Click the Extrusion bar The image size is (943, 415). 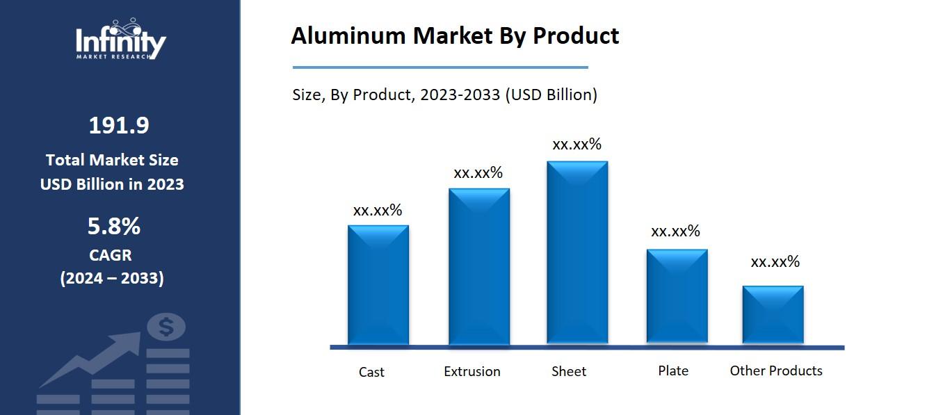point(478,266)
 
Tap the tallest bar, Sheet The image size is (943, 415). point(577,252)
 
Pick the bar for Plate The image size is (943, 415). point(677,295)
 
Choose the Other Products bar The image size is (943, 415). point(773,314)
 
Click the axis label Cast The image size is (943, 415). point(371,372)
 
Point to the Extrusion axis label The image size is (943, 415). point(471,371)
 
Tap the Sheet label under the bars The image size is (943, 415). point(568,371)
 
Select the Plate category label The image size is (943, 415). point(672,371)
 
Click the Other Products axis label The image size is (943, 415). point(775,371)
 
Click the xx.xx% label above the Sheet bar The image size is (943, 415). point(577,145)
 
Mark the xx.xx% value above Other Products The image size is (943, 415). point(775,262)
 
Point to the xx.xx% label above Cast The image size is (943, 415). point(378,210)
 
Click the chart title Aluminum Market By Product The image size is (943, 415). point(454,35)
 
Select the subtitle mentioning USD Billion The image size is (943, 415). point(444,95)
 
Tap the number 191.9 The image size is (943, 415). point(118,126)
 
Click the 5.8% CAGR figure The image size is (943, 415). point(114,226)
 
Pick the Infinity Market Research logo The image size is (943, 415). point(120,41)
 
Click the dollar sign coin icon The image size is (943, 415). point(166,327)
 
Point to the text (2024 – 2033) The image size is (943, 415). point(112,278)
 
